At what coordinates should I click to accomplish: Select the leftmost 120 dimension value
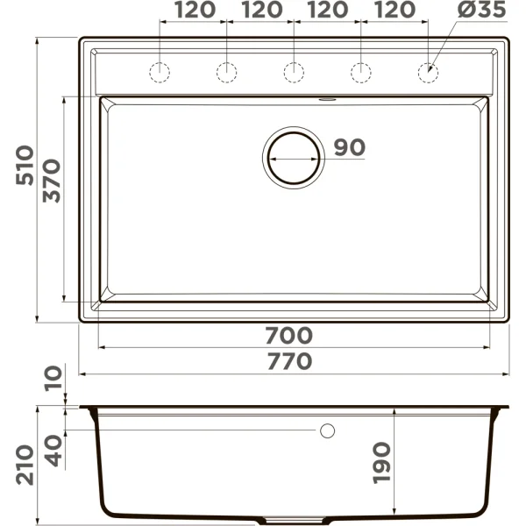click(193, 11)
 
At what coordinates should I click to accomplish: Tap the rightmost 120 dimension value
click(394, 11)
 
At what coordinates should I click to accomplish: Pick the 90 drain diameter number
click(348, 148)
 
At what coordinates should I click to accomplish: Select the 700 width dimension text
click(288, 335)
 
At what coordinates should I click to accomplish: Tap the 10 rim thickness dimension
click(53, 380)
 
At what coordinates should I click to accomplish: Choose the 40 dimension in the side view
click(53, 449)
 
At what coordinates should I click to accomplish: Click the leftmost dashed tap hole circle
click(160, 73)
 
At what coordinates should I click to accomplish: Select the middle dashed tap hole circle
click(294, 73)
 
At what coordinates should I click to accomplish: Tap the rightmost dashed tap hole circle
click(428, 73)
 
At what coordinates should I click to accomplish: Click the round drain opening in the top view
click(294, 157)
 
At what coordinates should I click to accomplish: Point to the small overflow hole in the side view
click(328, 430)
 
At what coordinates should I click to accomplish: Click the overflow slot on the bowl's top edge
click(329, 99)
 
